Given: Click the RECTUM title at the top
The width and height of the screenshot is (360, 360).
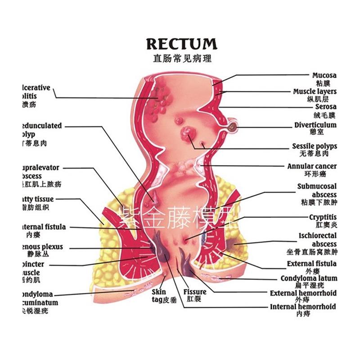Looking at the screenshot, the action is coord(181,44).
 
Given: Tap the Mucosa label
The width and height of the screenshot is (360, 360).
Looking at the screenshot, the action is coord(324,76).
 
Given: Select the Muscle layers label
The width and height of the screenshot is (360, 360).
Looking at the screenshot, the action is coord(315,91).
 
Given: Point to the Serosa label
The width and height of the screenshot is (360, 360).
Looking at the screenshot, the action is coord(325,107).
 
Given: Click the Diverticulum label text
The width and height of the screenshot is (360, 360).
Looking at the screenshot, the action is coord(315,125).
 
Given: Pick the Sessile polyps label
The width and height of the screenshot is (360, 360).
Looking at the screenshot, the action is coord(314,146).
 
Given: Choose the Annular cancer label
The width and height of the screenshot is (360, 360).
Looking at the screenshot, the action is coord(311,166).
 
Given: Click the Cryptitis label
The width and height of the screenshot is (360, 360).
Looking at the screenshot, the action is coord(323,217).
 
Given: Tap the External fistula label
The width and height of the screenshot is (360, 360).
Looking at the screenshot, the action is coord(311,264).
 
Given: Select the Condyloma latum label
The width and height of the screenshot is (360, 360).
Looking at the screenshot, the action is coord(308,279).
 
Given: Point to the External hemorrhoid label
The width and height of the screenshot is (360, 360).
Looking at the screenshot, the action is coord(303,293).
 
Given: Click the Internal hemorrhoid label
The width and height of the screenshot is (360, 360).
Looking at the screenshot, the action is coord(303,307).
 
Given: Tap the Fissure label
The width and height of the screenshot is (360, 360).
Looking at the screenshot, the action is coord(195,292).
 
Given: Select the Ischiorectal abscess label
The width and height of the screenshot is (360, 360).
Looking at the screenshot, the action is coord(317,239).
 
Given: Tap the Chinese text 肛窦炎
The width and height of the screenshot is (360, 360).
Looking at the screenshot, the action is coord(326,225).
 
